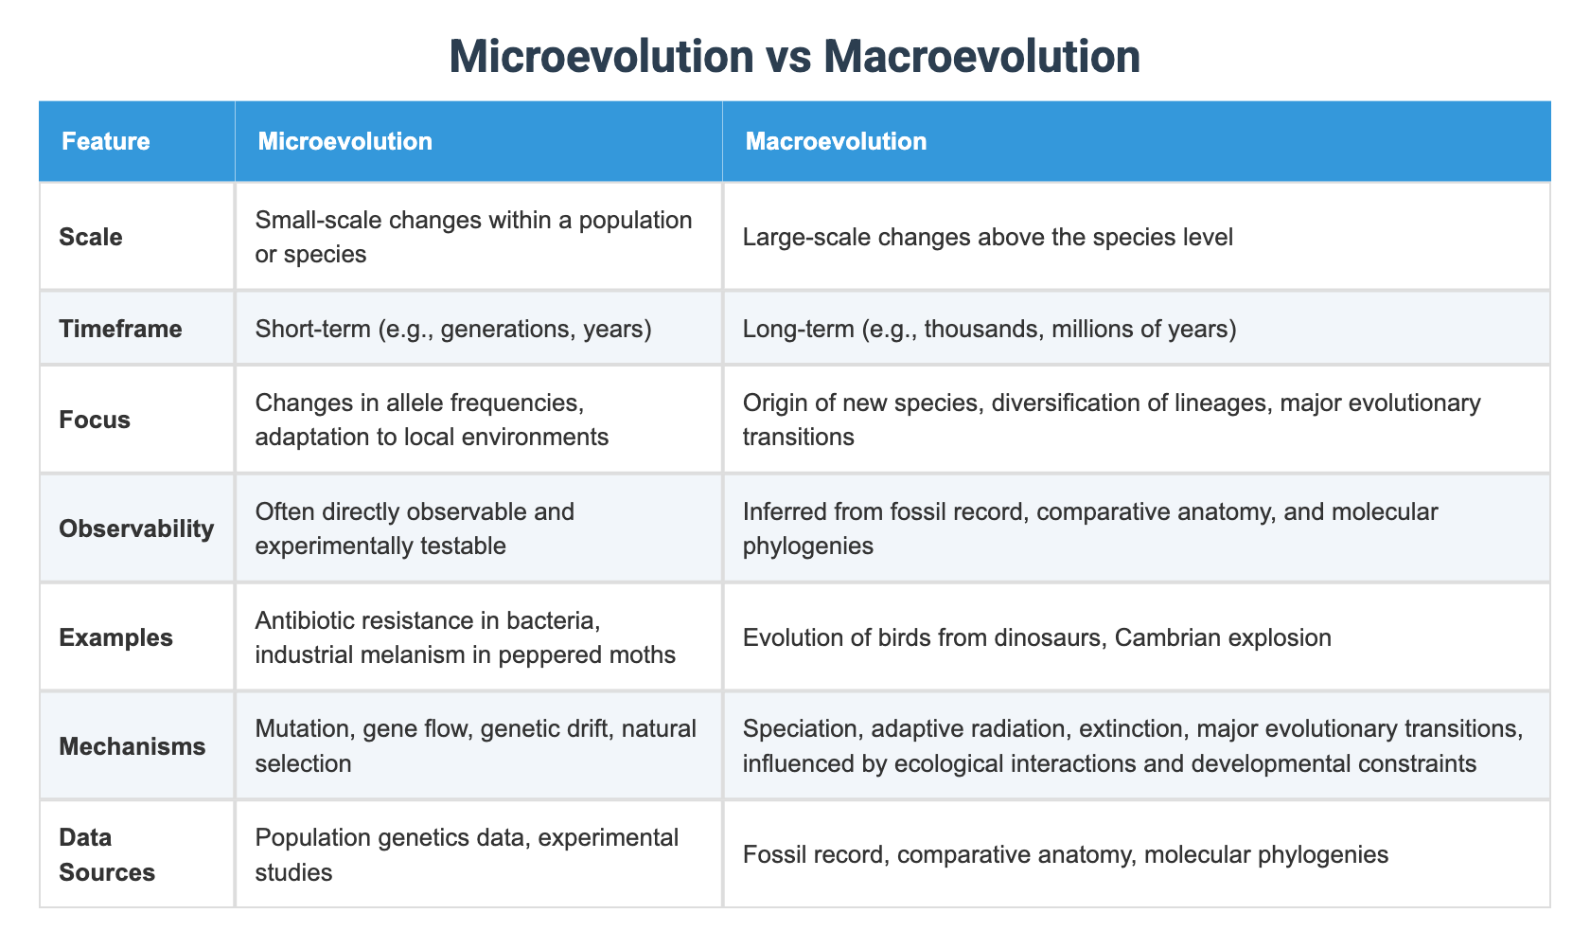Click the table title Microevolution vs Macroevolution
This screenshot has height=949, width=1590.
click(x=794, y=57)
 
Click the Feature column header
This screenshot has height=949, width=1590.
click(x=105, y=142)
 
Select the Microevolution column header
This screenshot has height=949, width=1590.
click(x=344, y=142)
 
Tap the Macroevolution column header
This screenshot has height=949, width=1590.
click(x=836, y=142)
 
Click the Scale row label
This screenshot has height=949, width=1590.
click(x=90, y=237)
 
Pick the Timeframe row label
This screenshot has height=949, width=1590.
click(x=120, y=329)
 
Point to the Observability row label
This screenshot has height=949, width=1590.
click(x=136, y=528)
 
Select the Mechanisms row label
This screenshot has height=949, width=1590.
click(x=132, y=746)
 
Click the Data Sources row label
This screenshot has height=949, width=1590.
click(x=107, y=854)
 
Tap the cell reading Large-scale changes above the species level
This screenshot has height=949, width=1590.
click(x=987, y=237)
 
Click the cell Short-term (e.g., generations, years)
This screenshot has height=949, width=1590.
click(x=453, y=329)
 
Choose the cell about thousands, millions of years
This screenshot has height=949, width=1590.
click(x=989, y=329)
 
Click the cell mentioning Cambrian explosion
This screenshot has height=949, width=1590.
click(x=1036, y=637)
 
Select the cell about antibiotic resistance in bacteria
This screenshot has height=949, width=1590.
click(x=465, y=637)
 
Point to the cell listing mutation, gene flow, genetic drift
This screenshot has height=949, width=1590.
click(x=476, y=745)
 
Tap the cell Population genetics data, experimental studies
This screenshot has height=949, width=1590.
click(x=467, y=854)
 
